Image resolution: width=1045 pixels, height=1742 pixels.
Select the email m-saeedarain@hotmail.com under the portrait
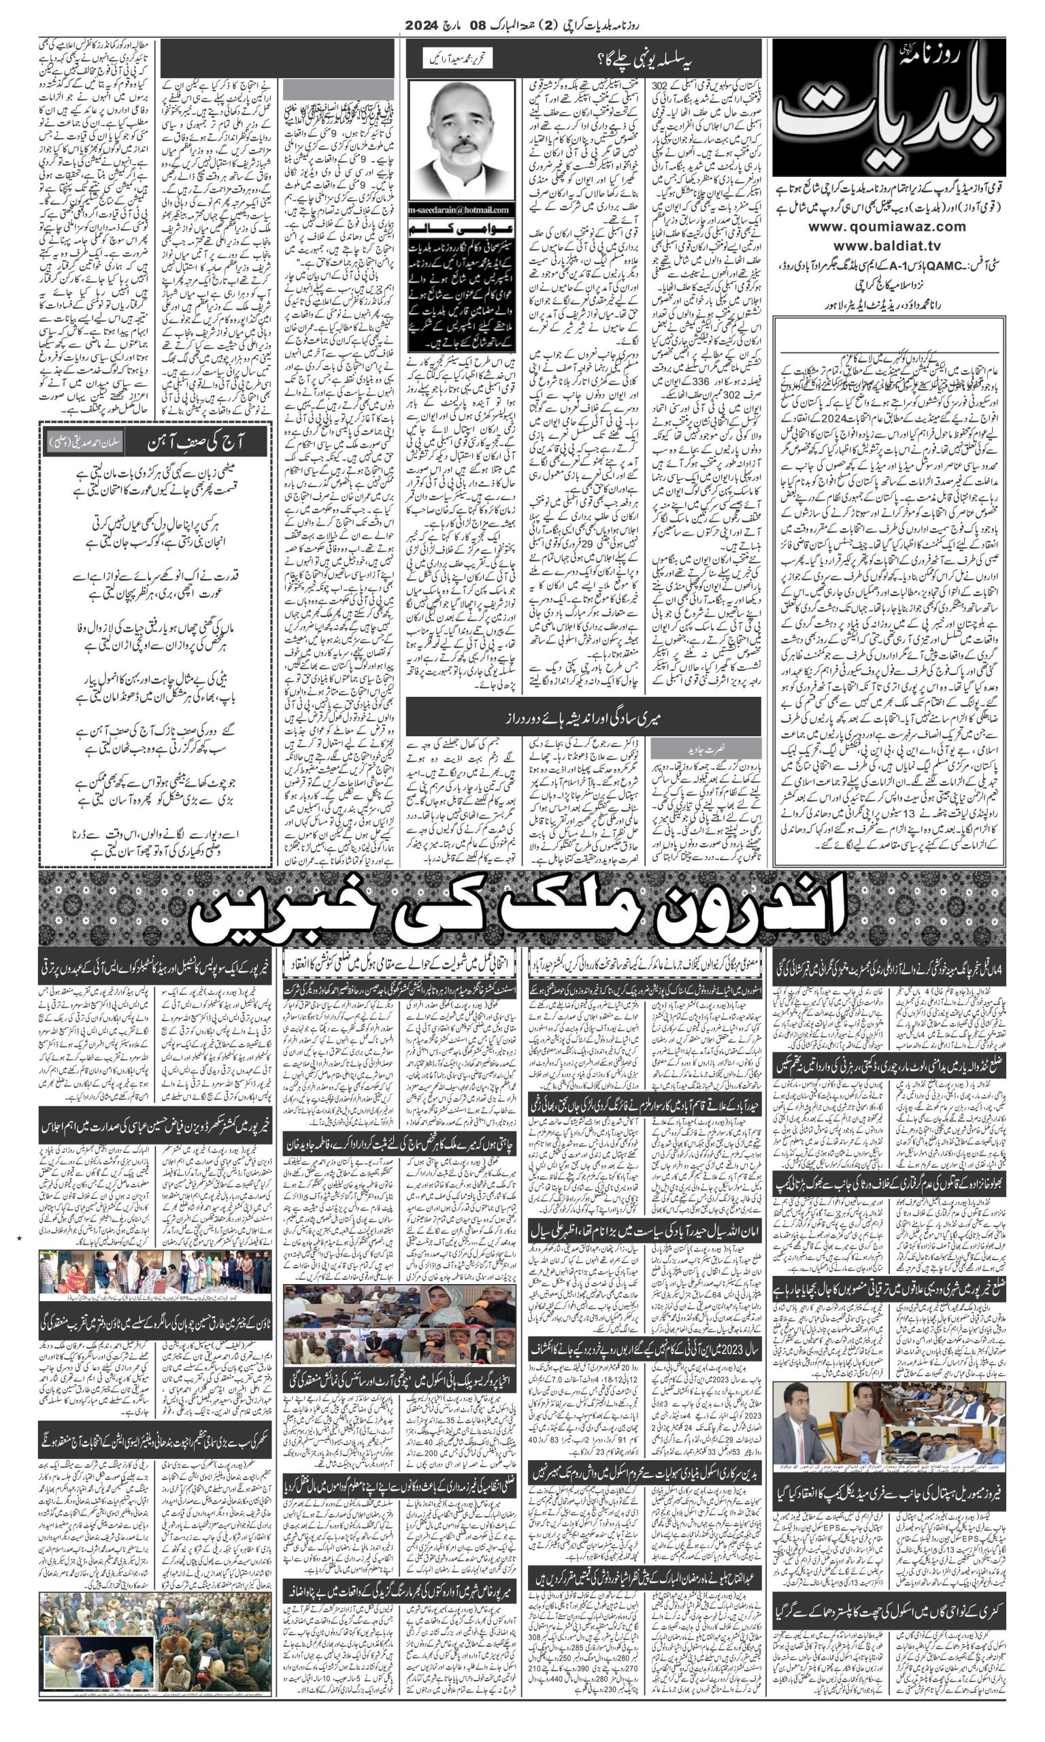point(462,210)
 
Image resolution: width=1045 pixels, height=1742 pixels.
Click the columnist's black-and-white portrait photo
point(462,141)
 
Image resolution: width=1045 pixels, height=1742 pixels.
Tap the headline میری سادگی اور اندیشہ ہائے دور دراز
point(584,718)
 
